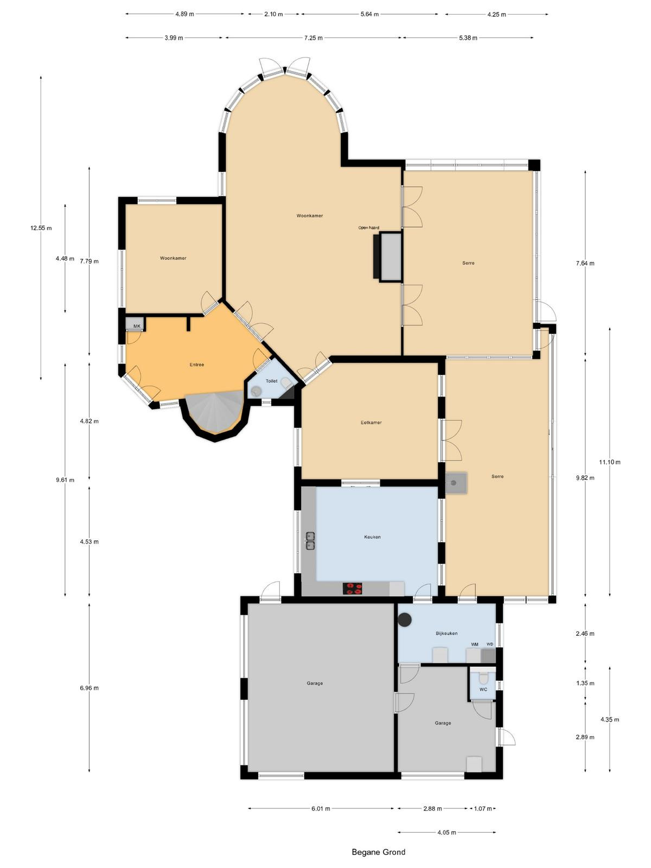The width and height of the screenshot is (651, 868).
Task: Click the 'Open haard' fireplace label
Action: tap(368, 227)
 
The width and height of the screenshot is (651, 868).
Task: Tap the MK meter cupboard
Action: tap(135, 323)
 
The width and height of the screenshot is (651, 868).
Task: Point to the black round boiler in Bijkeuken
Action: tap(404, 620)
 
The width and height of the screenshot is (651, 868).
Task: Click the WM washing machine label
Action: tap(474, 644)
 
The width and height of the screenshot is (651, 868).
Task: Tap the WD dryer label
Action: tap(490, 644)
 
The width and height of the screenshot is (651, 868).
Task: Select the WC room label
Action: tap(483, 689)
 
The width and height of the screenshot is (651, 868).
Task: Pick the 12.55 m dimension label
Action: tap(41, 228)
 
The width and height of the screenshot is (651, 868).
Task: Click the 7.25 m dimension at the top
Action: tap(313, 38)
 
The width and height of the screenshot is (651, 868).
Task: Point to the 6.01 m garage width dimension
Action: tap(321, 808)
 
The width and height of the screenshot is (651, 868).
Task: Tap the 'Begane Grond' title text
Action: tap(378, 852)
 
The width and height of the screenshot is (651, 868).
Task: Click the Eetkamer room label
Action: tap(371, 422)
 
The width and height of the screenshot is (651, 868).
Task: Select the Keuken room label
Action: tap(372, 537)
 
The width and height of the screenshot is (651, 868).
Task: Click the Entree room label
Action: tap(196, 364)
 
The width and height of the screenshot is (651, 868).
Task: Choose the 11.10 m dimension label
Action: tap(609, 462)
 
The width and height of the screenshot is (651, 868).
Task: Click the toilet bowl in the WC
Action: tap(483, 678)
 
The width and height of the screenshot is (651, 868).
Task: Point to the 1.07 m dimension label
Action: tap(483, 808)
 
